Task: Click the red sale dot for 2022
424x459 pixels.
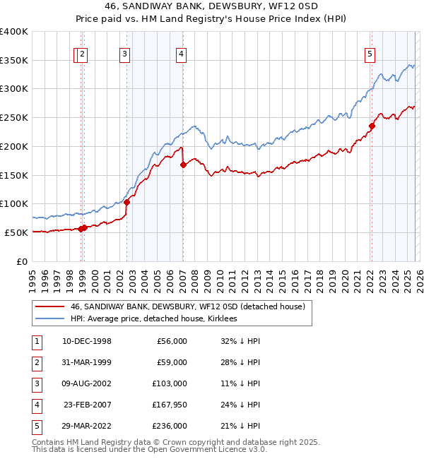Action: point(371,126)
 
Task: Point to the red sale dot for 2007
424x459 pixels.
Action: point(183,165)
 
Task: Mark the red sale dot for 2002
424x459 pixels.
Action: point(127,202)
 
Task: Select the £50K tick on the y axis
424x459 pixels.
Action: point(16,232)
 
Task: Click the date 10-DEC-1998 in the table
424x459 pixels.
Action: point(86,341)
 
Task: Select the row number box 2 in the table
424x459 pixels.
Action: point(36,362)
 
